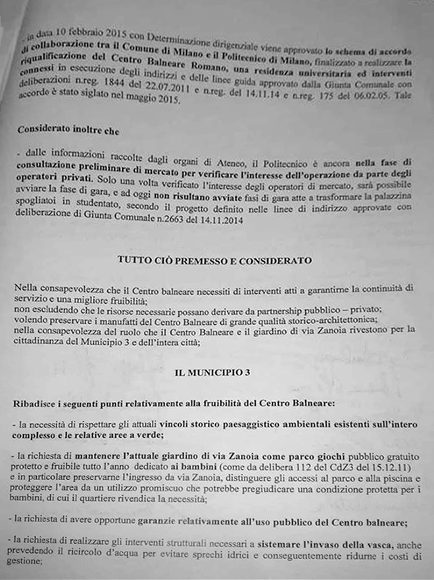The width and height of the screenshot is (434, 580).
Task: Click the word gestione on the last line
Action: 32,564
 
